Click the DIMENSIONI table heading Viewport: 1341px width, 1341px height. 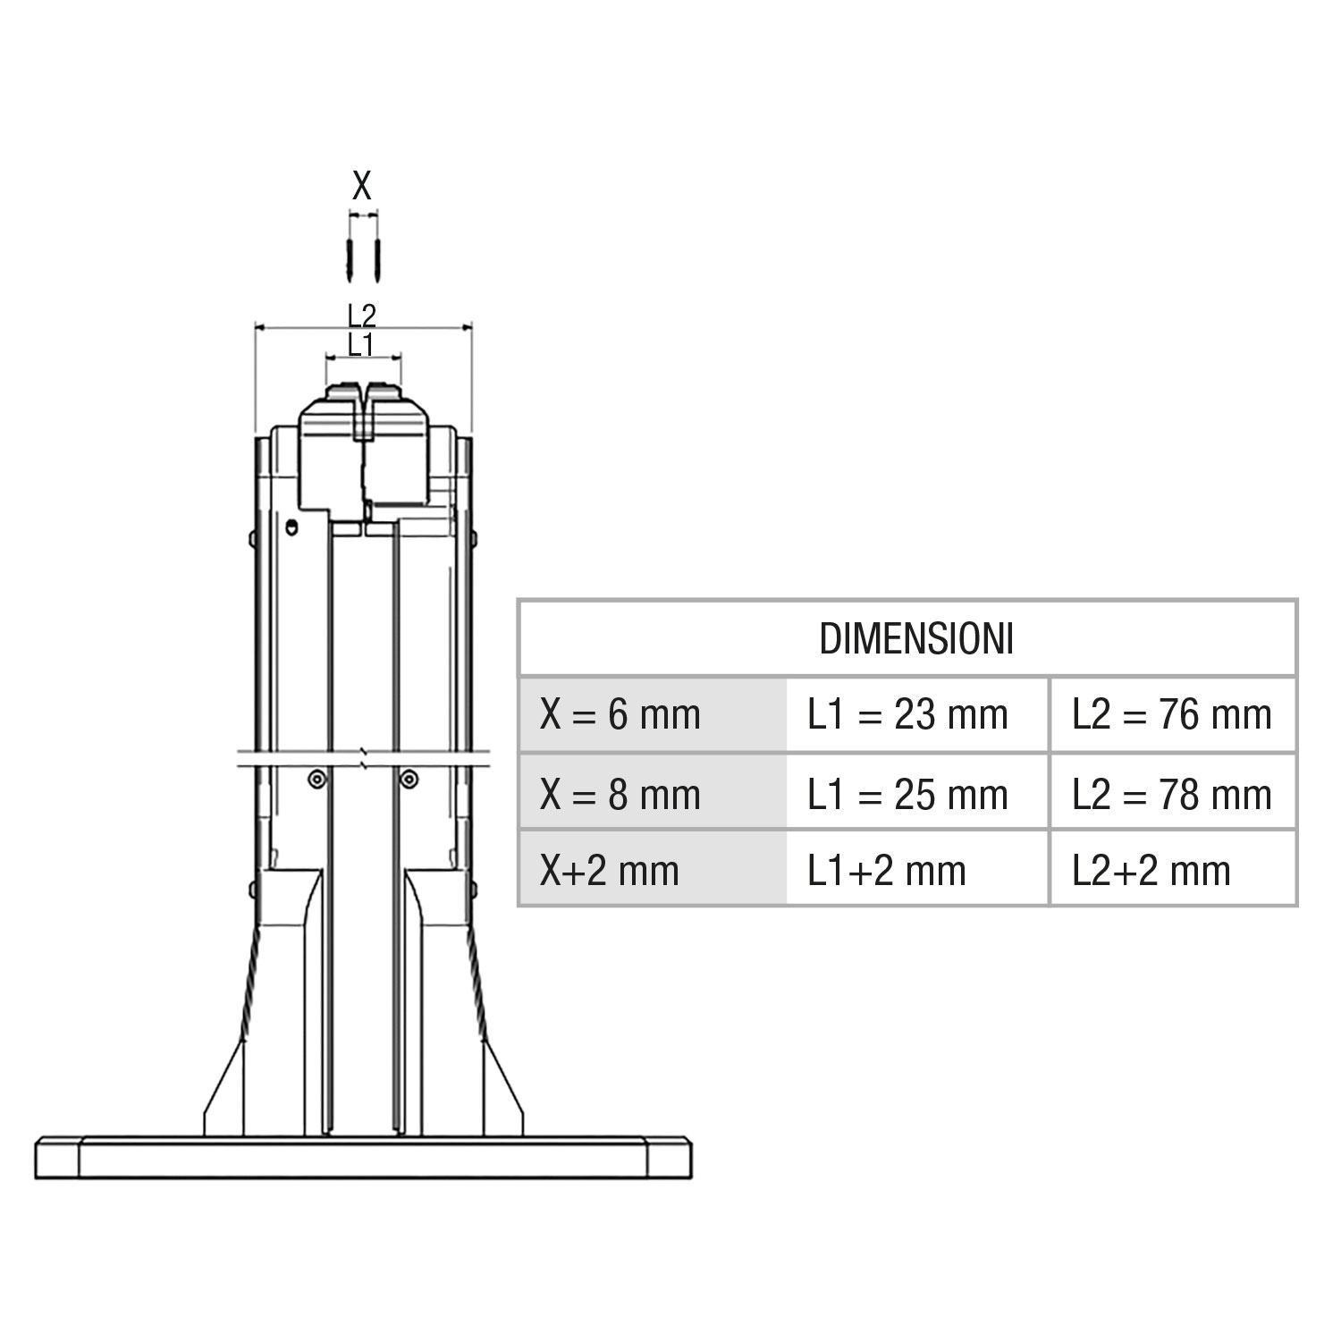coord(916,639)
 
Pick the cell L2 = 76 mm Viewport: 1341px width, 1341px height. coord(1171,714)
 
